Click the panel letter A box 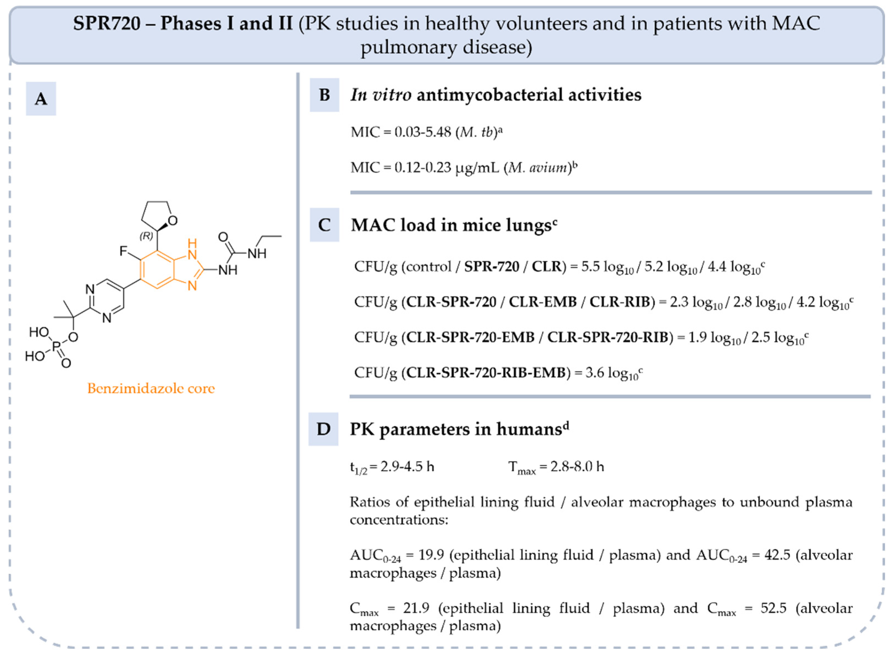[41, 98]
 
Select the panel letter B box [324, 95]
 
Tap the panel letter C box [324, 225]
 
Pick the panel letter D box [323, 429]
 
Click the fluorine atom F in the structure [123, 251]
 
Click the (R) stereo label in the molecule [146, 236]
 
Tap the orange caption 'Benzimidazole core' [151, 388]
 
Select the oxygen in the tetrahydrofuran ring [172, 220]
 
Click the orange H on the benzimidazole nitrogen [192, 243]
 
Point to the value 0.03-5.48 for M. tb [423, 132]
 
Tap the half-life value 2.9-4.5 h [407, 466]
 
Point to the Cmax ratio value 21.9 [416, 608]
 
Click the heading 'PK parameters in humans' [456, 429]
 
